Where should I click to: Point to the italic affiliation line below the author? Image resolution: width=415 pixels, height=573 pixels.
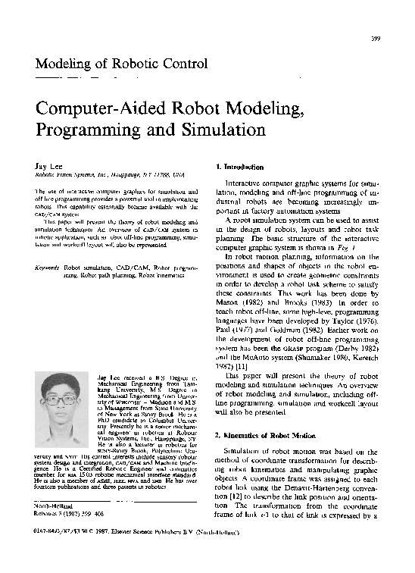(110, 174)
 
